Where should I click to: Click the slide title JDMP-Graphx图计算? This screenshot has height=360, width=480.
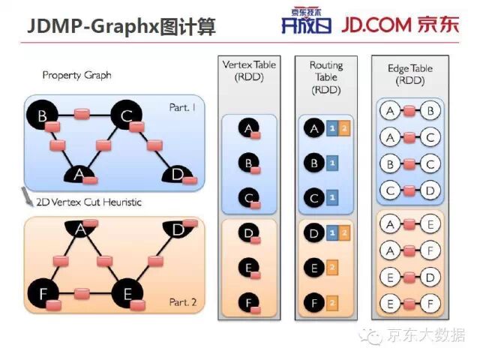coord(121,27)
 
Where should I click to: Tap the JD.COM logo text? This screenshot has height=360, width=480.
coord(399,24)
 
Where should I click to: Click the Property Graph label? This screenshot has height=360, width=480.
coord(77,75)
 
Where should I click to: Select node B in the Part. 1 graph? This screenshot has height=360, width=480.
coord(43,115)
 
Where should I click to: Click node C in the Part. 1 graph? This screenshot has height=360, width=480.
coord(126,115)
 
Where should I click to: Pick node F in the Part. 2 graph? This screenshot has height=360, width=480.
coord(43,293)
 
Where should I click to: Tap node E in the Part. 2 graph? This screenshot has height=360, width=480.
coord(126,292)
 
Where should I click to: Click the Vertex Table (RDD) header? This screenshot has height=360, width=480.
coord(249,71)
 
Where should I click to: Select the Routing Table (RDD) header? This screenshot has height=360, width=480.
coord(325,77)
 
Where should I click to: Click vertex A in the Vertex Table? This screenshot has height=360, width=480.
coord(248,129)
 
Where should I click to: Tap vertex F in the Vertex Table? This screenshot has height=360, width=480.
coord(248,304)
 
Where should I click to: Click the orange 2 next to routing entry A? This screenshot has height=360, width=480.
coord(344,129)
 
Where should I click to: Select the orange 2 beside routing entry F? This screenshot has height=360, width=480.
coord(332,303)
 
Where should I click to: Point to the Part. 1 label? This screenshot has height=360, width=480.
coord(182,107)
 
